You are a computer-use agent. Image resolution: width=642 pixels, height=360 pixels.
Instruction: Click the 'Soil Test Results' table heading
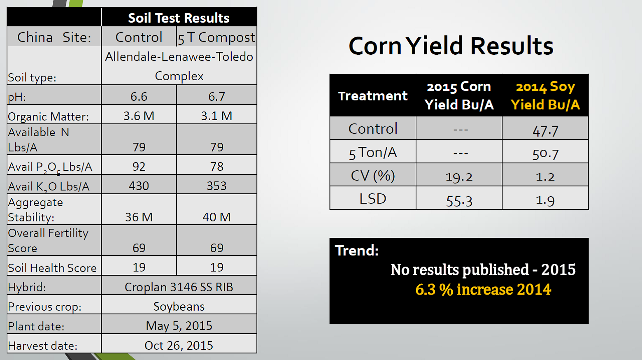pyautogui.click(x=179, y=18)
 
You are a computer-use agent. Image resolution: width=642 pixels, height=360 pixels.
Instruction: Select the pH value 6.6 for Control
pyautogui.click(x=139, y=97)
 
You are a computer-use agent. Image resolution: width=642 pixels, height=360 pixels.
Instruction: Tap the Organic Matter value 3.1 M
pyautogui.click(x=216, y=116)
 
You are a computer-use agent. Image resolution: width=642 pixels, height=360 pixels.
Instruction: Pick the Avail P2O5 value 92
pyautogui.click(x=139, y=167)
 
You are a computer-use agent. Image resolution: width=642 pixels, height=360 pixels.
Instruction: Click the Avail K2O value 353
pyautogui.click(x=216, y=186)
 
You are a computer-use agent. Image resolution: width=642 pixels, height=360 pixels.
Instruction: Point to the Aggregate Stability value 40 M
pyautogui.click(x=216, y=217)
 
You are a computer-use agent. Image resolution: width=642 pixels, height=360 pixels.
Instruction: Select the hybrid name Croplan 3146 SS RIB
pyautogui.click(x=179, y=287)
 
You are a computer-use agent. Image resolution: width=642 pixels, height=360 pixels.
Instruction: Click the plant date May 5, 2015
pyautogui.click(x=179, y=326)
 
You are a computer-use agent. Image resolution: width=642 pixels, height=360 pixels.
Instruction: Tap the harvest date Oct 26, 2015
pyautogui.click(x=179, y=346)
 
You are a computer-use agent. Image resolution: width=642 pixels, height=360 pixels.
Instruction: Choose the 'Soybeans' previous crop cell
pyautogui.click(x=179, y=307)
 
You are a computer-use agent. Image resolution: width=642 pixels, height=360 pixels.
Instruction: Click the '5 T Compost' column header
pyautogui.click(x=216, y=38)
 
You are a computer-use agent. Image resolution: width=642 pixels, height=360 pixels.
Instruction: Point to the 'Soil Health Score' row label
pyautogui.click(x=52, y=268)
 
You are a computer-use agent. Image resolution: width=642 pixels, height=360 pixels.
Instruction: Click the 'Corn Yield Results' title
pyautogui.click(x=451, y=46)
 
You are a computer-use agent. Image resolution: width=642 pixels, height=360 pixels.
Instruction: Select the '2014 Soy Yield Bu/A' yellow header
pyautogui.click(x=545, y=95)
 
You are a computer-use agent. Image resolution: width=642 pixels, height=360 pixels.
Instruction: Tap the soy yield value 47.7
pyautogui.click(x=545, y=131)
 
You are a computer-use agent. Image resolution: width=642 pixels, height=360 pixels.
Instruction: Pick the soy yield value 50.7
pyautogui.click(x=545, y=154)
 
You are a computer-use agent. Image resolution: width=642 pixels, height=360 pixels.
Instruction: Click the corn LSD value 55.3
pyautogui.click(x=459, y=201)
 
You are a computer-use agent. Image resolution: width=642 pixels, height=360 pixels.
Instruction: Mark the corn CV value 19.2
pyautogui.click(x=459, y=177)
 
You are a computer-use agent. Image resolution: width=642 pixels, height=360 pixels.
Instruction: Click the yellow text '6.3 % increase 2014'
pyautogui.click(x=483, y=290)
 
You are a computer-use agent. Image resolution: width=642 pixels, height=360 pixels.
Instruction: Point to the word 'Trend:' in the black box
pyautogui.click(x=357, y=251)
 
